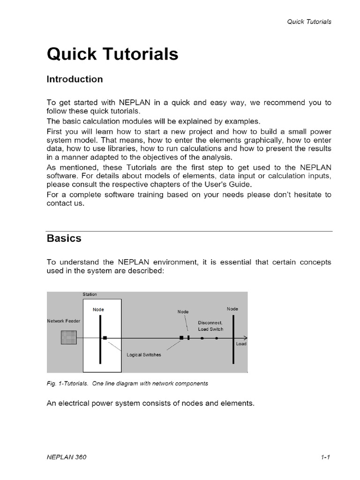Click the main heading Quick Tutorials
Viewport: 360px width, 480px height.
pyautogui.click(x=112, y=54)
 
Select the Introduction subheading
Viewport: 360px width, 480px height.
pyautogui.click(x=75, y=79)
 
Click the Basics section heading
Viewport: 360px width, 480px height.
pyautogui.click(x=64, y=238)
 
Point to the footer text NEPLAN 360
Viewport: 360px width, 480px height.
pyautogui.click(x=67, y=457)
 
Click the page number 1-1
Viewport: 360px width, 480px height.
pyautogui.click(x=326, y=457)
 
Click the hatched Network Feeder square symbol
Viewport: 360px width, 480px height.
pyautogui.click(x=69, y=337)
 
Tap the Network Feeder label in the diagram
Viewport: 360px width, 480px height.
pyautogui.click(x=64, y=321)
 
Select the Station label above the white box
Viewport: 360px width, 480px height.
pyautogui.click(x=90, y=294)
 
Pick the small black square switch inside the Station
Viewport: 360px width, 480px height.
pyautogui.click(x=105, y=337)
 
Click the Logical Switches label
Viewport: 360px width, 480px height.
pyautogui.click(x=143, y=355)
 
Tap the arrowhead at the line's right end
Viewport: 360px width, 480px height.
pyautogui.click(x=245, y=337)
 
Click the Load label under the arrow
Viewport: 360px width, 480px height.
pyautogui.click(x=241, y=344)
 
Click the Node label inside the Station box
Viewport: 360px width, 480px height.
pyautogui.click(x=98, y=309)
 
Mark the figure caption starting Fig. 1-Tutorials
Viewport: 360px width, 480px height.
pyautogui.click(x=127, y=383)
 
